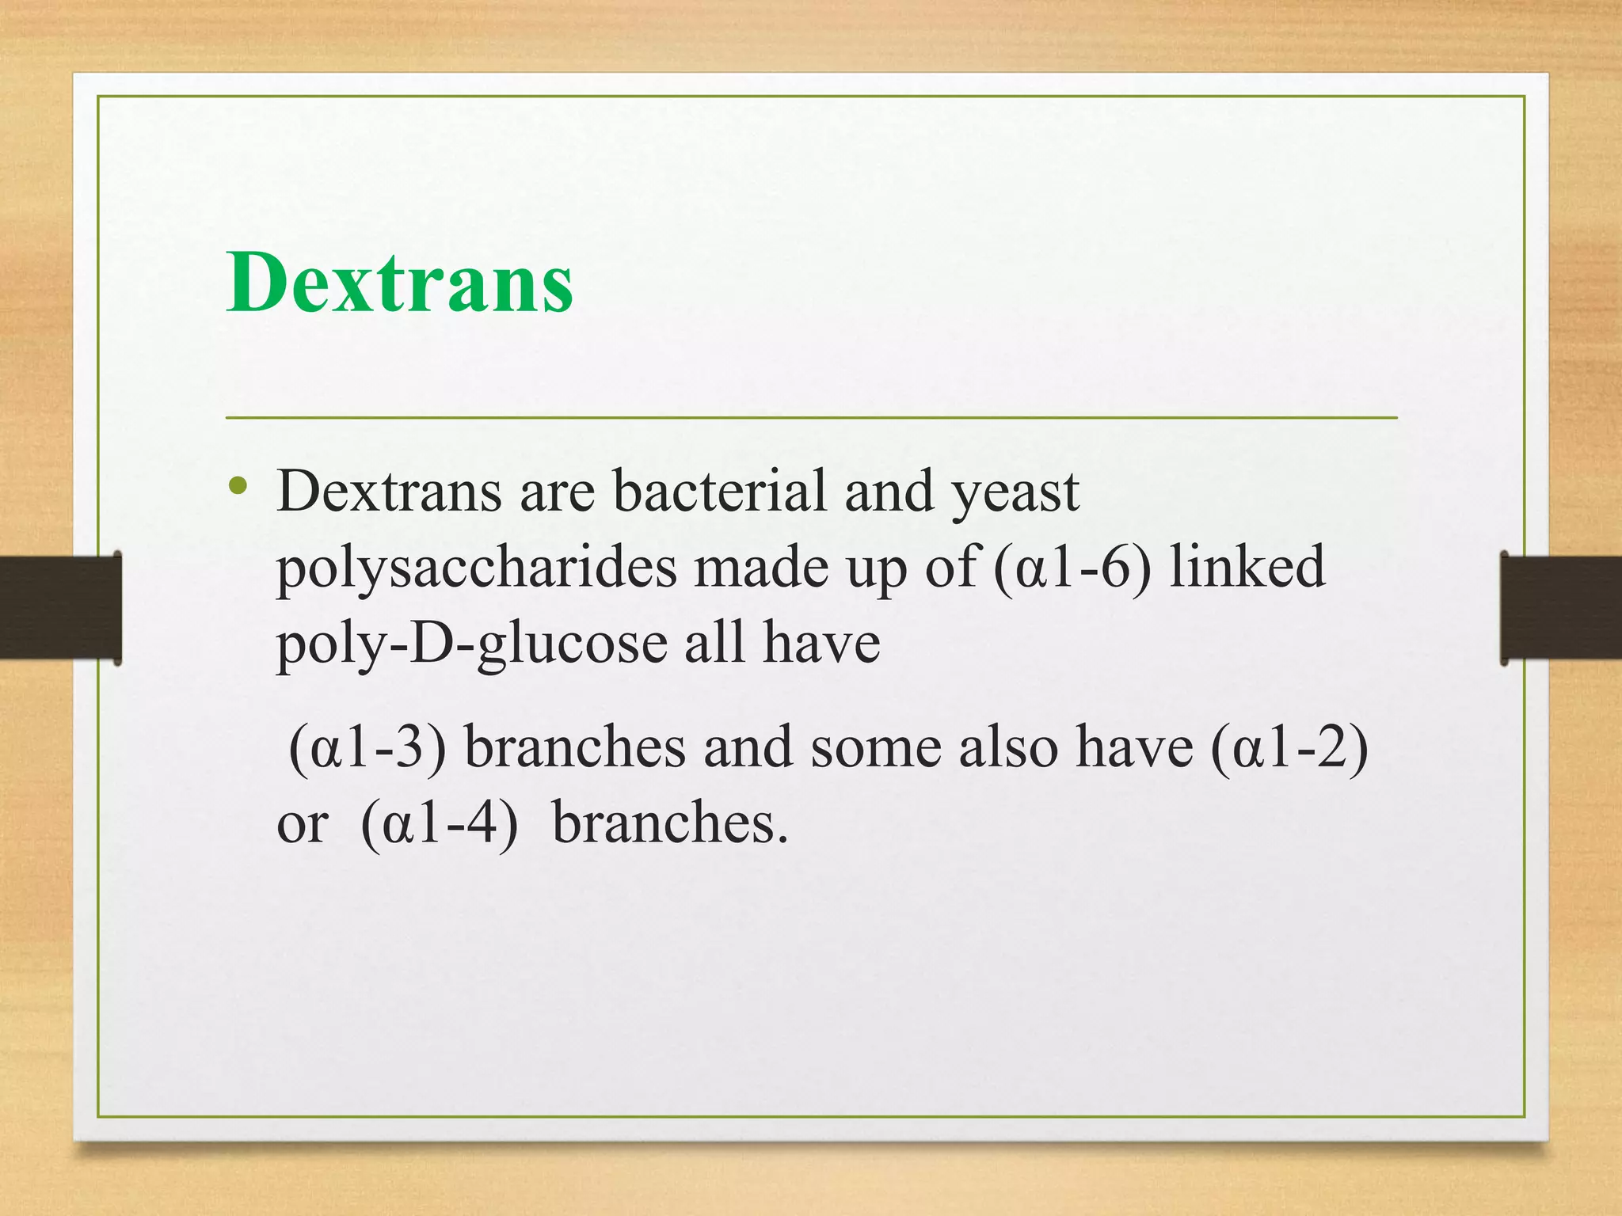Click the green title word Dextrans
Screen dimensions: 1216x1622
pyautogui.click(x=399, y=283)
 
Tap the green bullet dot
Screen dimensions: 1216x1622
pyautogui.click(x=237, y=485)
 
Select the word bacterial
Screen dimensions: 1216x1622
pyautogui.click(x=719, y=491)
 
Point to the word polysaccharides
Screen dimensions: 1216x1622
pyautogui.click(x=476, y=568)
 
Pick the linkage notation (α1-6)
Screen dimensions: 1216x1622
pyautogui.click(x=1071, y=567)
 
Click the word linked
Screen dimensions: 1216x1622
pyautogui.click(x=1247, y=567)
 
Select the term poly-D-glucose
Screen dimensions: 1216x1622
pyautogui.click(x=471, y=643)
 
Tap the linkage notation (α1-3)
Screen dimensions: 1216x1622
pyautogui.click(x=367, y=747)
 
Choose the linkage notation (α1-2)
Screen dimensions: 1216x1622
pyautogui.click(x=1289, y=747)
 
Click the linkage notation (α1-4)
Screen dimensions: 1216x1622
pyautogui.click(x=439, y=823)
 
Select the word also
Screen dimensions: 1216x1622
pyautogui.click(x=1007, y=747)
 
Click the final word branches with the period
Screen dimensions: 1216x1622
pyautogui.click(x=670, y=823)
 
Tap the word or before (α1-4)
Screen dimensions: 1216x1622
pyautogui.click(x=302, y=825)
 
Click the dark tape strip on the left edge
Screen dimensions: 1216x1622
pyautogui.click(x=59, y=607)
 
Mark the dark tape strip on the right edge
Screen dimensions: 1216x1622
pyautogui.click(x=1561, y=607)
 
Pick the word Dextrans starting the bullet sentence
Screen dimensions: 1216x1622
pyautogui.click(x=389, y=491)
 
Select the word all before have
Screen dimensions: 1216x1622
pyautogui.click(x=714, y=643)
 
